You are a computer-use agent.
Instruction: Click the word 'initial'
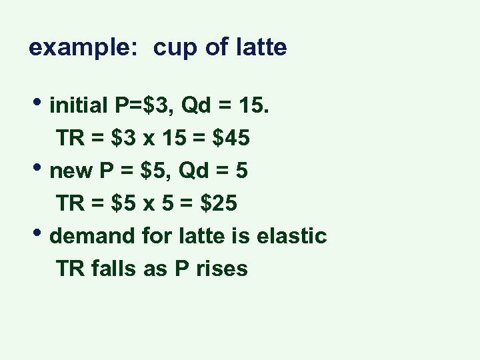coord(79,106)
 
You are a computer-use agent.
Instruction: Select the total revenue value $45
coord(230,138)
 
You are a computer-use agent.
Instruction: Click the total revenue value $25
coord(217,203)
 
